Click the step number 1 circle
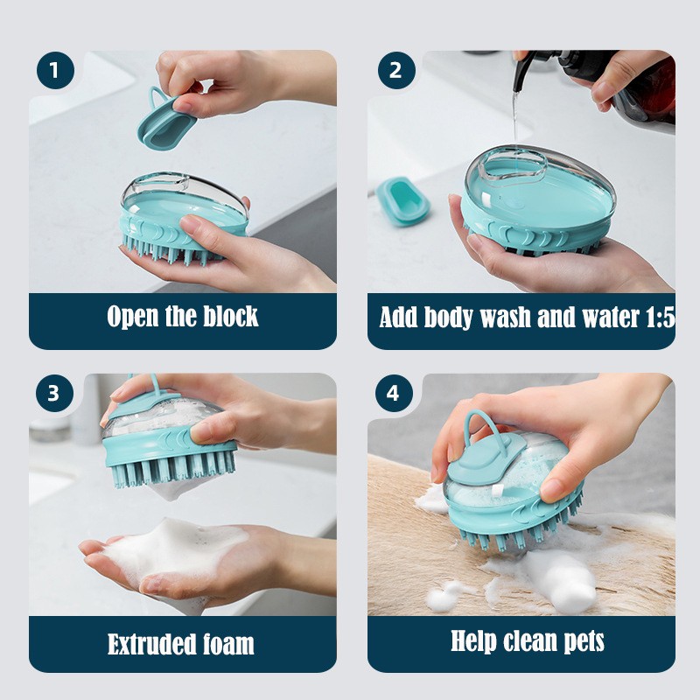pyautogui.click(x=55, y=70)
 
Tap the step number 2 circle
pyautogui.click(x=395, y=70)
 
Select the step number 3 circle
pyautogui.click(x=55, y=393)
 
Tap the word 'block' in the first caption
pyautogui.click(x=228, y=316)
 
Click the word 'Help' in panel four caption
pyautogui.click(x=477, y=640)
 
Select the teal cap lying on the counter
pyautogui.click(x=403, y=200)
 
